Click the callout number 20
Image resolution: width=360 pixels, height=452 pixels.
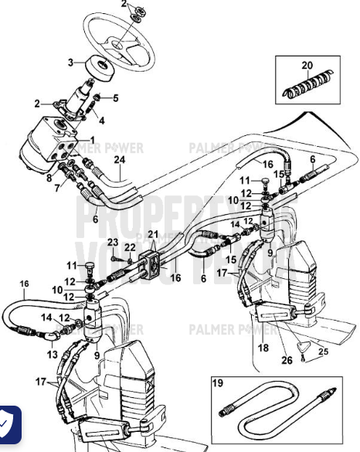[x=307, y=64]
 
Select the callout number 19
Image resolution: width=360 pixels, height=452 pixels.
[x=217, y=383]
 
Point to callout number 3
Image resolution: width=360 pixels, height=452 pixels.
[x=70, y=63]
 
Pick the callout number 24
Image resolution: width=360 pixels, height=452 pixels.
[x=119, y=160]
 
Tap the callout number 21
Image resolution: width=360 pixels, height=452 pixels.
[x=152, y=234]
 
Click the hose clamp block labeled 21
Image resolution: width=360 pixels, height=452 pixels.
[x=153, y=265]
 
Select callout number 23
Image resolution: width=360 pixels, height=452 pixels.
[x=113, y=242]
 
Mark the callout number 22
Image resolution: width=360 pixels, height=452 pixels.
[x=131, y=247]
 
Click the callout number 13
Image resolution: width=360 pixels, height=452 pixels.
[x=53, y=355]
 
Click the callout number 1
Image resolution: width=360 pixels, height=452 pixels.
[x=92, y=140]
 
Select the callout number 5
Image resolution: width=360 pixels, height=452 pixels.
[x=117, y=98]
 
